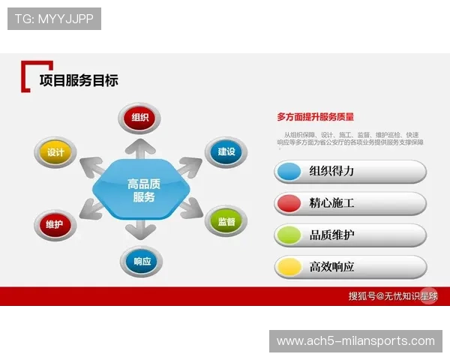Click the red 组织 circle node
tap(139, 118)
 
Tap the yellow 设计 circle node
tap(56, 152)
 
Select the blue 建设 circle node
tap(226, 152)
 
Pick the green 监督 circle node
tap(226, 221)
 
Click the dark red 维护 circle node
tap(55, 225)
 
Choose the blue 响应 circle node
tap(142, 262)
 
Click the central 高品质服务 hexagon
tap(143, 190)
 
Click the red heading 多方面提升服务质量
tap(315, 116)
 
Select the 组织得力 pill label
tap(331, 171)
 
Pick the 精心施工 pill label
tap(331, 203)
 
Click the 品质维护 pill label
tap(331, 235)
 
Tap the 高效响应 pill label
tap(331, 267)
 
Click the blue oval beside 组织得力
tap(289, 172)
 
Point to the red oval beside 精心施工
tap(289, 203)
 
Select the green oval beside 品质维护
tap(289, 235)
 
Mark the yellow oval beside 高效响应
tap(289, 267)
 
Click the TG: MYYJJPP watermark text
tap(54, 19)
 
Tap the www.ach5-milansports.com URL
tap(355, 341)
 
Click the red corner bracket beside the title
tap(31, 70)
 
